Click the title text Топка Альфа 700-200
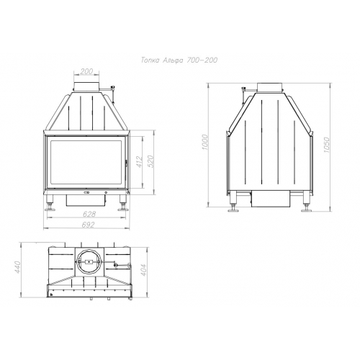(x=179, y=60)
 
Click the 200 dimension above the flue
(x=86, y=71)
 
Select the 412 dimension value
(x=140, y=161)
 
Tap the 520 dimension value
(x=150, y=161)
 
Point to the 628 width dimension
(x=89, y=214)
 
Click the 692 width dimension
(x=88, y=225)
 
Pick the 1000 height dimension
(x=204, y=142)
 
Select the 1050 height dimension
(x=326, y=145)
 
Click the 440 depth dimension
(x=18, y=267)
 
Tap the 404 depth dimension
(x=143, y=270)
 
